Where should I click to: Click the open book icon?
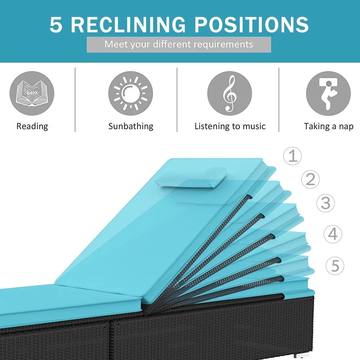point(32,93)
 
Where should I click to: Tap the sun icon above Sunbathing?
point(131,93)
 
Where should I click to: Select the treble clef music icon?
point(230,93)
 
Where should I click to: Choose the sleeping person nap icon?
point(328,93)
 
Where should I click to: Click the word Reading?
point(32,126)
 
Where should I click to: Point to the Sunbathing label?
point(131,126)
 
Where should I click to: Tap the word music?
point(254,126)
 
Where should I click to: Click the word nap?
point(346,126)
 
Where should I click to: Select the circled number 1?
point(292,156)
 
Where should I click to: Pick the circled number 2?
point(310,179)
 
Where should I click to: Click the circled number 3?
point(325,203)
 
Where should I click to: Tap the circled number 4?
point(333,234)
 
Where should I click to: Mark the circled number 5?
point(335,266)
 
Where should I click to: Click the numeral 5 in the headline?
point(56,24)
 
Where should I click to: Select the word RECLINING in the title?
point(128,24)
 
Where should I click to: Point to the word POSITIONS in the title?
point(252,24)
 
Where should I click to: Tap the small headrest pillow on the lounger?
point(191,177)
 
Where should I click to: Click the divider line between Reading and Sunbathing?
point(75,100)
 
